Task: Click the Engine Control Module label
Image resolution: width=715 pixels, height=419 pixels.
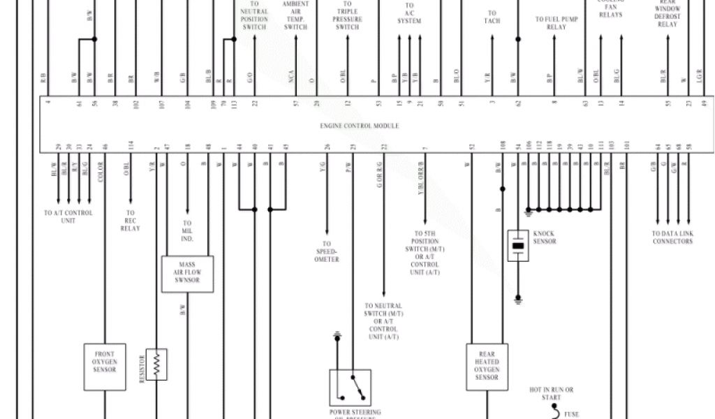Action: [x=360, y=126]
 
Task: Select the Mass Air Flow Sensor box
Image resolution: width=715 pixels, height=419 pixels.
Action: [x=187, y=274]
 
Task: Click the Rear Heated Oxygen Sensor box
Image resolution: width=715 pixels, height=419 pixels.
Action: [x=487, y=367]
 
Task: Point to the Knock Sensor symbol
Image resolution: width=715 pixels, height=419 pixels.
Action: [x=518, y=246]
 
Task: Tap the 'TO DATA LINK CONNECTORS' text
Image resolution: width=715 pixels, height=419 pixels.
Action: [x=672, y=237]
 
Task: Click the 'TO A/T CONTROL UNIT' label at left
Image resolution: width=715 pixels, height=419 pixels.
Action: [x=68, y=216]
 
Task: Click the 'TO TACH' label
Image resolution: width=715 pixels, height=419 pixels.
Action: [x=492, y=17]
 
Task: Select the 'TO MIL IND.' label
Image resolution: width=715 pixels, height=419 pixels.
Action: [x=186, y=231]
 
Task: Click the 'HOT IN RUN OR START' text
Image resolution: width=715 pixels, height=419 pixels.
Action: [x=551, y=393]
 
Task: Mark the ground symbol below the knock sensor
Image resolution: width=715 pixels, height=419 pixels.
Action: [x=518, y=298]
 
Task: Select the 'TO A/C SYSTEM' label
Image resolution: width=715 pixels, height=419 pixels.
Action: [x=409, y=14]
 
